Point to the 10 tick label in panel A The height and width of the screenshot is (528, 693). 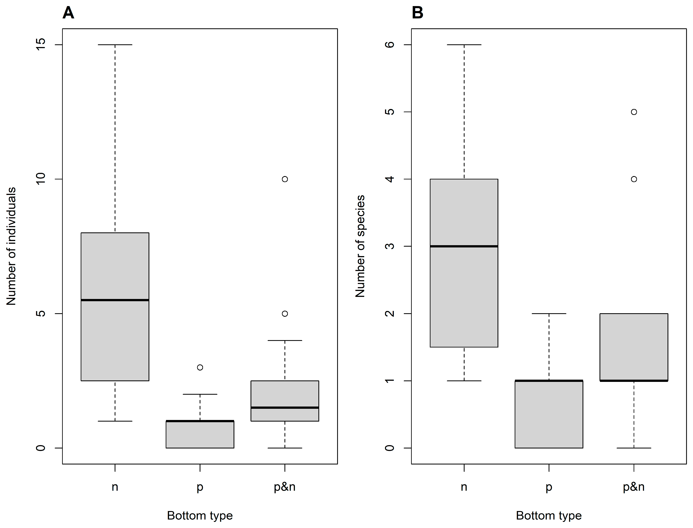click(41, 179)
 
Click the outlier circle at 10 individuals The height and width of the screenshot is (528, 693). click(285, 179)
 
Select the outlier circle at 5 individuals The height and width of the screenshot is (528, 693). click(285, 314)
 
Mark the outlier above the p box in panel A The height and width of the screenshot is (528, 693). click(200, 367)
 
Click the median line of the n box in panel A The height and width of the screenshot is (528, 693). click(115, 300)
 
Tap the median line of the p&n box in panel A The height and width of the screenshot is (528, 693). click(285, 408)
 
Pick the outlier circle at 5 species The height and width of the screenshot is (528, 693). click(634, 112)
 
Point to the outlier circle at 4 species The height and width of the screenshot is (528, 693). click(634, 179)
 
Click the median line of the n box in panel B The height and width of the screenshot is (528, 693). click(464, 246)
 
